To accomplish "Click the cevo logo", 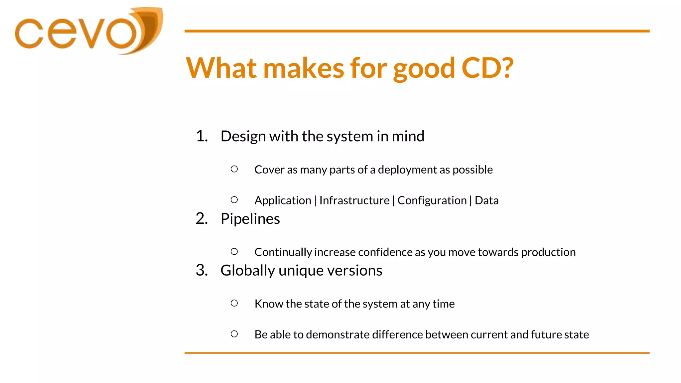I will pyautogui.click(x=88, y=32).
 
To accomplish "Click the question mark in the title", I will pyautogui.click(x=507, y=68).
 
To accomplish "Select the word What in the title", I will pyautogui.click(x=221, y=68).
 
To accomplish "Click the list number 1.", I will pyautogui.click(x=201, y=136).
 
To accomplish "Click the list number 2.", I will pyautogui.click(x=201, y=219).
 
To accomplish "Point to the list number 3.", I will pyautogui.click(x=201, y=270).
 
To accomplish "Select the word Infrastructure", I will pyautogui.click(x=354, y=200).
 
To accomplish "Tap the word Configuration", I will pyautogui.click(x=432, y=200).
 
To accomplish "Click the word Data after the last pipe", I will pyautogui.click(x=486, y=200).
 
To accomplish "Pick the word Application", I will pyautogui.click(x=283, y=201).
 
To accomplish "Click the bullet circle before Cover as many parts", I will pyautogui.click(x=234, y=169).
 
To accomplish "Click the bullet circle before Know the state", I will pyautogui.click(x=234, y=303).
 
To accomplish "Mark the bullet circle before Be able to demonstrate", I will pyautogui.click(x=234, y=334).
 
